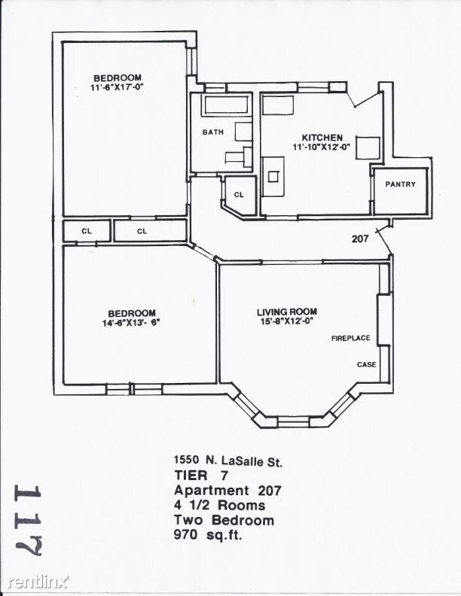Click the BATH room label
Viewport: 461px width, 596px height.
pyautogui.click(x=213, y=132)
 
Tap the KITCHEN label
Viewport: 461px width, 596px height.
pyautogui.click(x=322, y=138)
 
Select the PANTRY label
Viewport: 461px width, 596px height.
pyautogui.click(x=400, y=184)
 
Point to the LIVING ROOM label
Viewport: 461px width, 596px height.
pyautogui.click(x=286, y=312)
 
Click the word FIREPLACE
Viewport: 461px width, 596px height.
pyautogui.click(x=350, y=339)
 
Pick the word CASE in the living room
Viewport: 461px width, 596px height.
pyautogui.click(x=366, y=365)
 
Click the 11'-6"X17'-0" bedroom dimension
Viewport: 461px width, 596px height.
pyautogui.click(x=117, y=87)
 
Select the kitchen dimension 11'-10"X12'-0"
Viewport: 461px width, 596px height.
pyautogui.click(x=322, y=147)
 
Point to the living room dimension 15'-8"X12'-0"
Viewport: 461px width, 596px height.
pyautogui.click(x=286, y=321)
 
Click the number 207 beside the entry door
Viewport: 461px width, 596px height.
pyautogui.click(x=361, y=239)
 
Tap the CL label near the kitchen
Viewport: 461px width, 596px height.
pyautogui.click(x=239, y=195)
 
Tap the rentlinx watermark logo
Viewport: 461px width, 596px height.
pyautogui.click(x=38, y=582)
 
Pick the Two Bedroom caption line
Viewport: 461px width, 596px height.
pyautogui.click(x=224, y=520)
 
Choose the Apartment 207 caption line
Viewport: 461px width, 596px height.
pyautogui.click(x=227, y=491)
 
